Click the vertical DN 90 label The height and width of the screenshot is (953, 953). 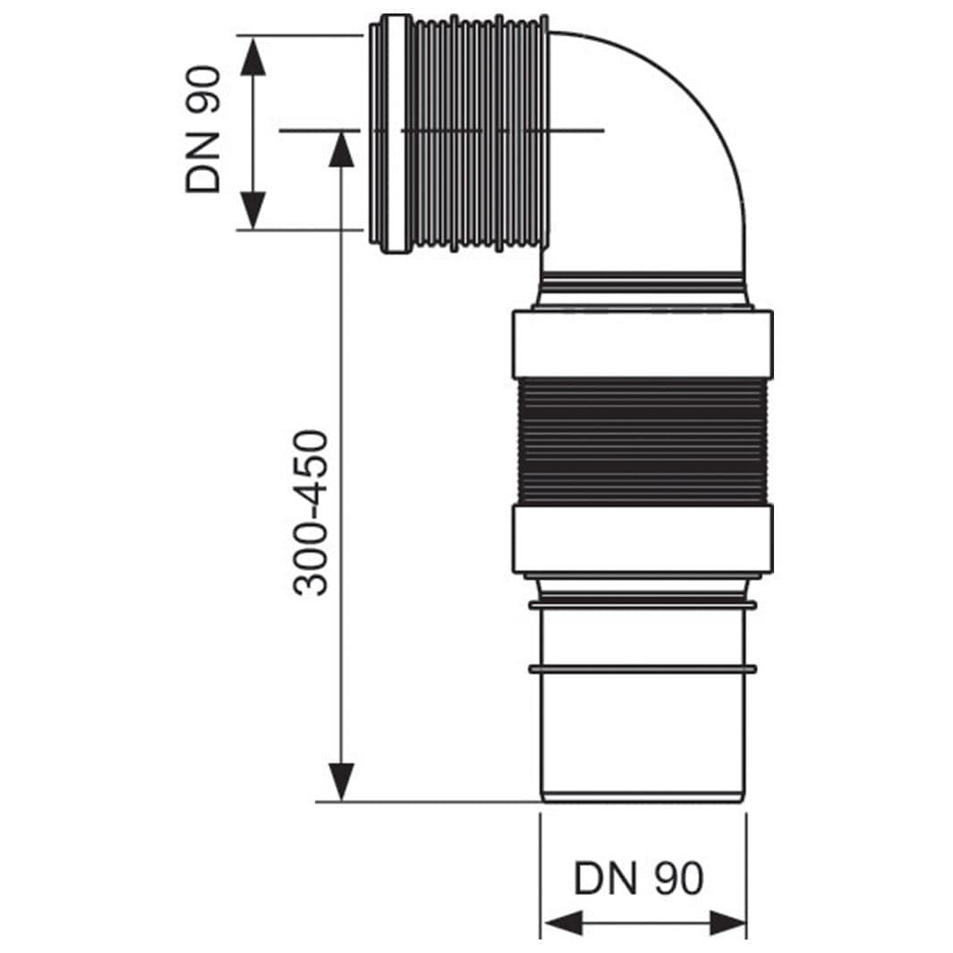click(203, 130)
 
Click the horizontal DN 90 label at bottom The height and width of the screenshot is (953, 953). click(639, 878)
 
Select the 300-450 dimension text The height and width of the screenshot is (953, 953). click(310, 513)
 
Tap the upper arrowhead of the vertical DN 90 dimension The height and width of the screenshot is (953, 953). click(253, 55)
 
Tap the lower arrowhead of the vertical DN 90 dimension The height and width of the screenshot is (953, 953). click(253, 210)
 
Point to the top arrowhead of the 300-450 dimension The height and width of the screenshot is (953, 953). click(342, 149)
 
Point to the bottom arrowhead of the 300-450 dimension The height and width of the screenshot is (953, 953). click(342, 782)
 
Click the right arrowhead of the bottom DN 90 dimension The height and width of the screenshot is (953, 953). click(725, 923)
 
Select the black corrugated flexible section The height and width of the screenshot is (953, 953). click(642, 441)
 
